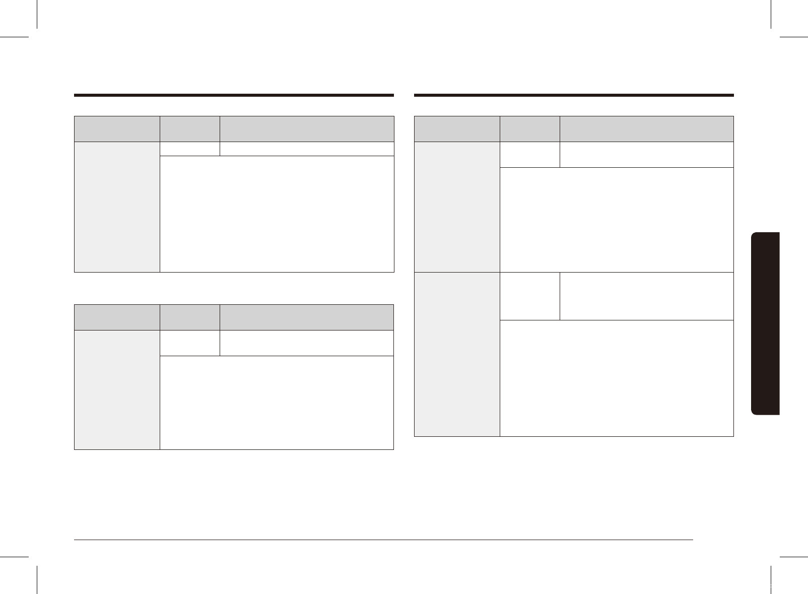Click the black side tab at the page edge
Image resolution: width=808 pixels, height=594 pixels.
[765, 323]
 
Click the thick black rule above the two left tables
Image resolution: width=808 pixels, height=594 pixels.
[234, 95]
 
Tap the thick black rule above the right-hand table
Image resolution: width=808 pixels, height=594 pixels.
[574, 95]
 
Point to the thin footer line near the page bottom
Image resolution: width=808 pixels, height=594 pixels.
[383, 540]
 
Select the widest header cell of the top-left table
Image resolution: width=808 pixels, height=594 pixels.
[307, 129]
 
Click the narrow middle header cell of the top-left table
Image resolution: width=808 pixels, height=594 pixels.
[190, 129]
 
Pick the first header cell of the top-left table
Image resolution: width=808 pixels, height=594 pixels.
[117, 129]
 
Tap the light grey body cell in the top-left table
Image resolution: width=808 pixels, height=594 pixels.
[117, 207]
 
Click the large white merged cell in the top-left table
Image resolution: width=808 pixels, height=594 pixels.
[277, 214]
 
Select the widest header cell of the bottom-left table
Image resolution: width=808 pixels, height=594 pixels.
[306, 317]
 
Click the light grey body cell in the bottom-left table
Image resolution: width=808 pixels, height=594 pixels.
[117, 389]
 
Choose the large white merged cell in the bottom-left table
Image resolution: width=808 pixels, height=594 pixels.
[277, 403]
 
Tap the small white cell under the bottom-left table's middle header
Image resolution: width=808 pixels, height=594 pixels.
[190, 343]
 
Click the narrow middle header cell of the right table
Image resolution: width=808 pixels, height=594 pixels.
[529, 129]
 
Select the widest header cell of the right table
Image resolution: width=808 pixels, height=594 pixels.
[646, 129]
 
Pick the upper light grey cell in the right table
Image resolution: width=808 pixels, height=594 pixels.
[457, 207]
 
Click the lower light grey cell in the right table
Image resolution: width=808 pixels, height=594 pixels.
[457, 354]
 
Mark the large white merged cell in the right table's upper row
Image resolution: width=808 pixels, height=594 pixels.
[617, 220]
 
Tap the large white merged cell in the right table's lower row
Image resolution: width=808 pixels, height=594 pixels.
[617, 378]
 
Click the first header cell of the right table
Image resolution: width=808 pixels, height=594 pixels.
[457, 129]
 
